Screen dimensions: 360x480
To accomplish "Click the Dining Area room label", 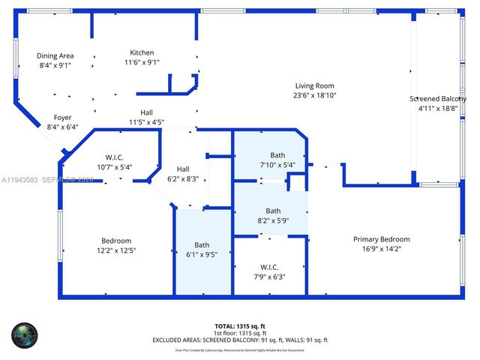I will [55, 55].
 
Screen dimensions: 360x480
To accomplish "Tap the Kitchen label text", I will [142, 52].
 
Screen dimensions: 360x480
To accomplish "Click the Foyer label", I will [63, 117].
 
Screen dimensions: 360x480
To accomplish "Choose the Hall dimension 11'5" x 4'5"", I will [146, 122].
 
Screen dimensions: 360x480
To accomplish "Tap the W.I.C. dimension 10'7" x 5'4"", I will [114, 167].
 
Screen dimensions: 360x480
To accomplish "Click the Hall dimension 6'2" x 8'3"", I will [183, 178].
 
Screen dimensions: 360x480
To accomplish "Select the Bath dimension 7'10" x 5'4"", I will [277, 165].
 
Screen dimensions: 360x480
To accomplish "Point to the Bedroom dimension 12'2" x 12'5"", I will [116, 250].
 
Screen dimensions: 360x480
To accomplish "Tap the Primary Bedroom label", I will [382, 239].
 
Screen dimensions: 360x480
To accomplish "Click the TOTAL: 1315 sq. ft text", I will [240, 325].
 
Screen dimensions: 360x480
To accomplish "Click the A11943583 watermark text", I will [21, 179].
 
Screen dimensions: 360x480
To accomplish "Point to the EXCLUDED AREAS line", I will [240, 340].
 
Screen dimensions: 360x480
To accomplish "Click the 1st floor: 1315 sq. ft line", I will [240, 333].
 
